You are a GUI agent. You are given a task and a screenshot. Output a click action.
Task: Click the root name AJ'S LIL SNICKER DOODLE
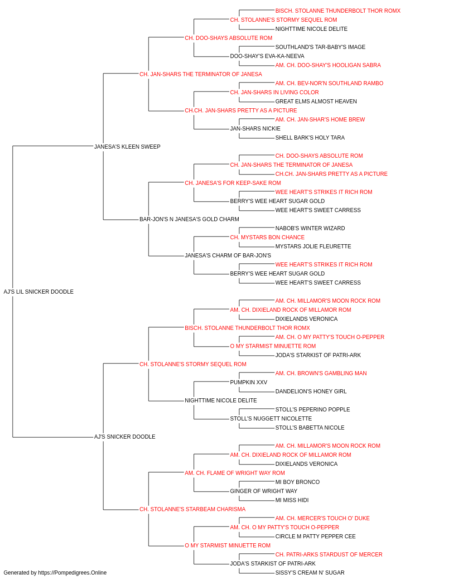(39, 292)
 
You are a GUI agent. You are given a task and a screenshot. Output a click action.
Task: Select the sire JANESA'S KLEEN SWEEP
(127, 147)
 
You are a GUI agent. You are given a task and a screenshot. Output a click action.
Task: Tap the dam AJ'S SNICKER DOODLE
(125, 437)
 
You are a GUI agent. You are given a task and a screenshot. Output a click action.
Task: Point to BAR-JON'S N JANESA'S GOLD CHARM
(189, 219)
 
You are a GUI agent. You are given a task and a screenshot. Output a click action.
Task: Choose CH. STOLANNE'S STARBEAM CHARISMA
(193, 509)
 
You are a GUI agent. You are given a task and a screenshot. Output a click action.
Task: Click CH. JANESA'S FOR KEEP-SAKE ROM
(233, 183)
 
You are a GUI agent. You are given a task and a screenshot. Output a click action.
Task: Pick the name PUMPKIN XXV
(249, 382)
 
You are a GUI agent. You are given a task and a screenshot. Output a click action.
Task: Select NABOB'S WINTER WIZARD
(310, 228)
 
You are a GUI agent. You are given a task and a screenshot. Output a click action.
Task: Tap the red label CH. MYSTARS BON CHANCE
(267, 237)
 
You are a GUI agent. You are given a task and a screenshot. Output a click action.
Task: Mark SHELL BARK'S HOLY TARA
(310, 138)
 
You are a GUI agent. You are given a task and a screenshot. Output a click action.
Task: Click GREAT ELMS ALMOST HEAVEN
(316, 101)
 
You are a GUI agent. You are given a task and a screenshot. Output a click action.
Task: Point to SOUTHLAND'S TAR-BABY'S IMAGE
(320, 47)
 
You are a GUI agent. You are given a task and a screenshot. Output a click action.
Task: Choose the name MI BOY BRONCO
(298, 482)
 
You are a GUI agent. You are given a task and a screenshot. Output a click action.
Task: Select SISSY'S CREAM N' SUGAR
(310, 573)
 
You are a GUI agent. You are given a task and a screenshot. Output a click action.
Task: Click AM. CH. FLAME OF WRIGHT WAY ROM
(235, 473)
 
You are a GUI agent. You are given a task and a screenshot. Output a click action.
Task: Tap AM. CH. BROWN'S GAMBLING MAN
(321, 373)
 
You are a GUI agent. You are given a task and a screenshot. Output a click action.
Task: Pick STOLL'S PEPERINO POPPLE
(313, 410)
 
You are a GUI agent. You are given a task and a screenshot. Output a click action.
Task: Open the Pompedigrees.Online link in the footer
(72, 573)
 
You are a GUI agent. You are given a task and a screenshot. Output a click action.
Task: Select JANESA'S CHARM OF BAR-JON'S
(228, 256)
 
